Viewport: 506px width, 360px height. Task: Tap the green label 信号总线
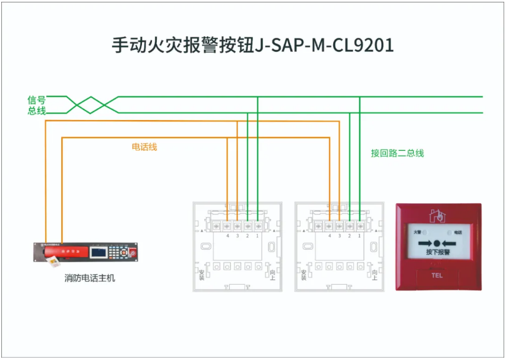pos(36,105)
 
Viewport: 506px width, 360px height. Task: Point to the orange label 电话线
pos(144,146)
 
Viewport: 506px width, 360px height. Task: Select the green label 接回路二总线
pos(397,153)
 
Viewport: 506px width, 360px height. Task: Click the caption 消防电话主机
pos(90,277)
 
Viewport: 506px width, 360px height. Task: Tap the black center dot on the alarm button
pos(437,243)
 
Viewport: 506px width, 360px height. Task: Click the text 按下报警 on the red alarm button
pos(437,253)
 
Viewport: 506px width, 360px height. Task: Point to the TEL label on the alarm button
pos(437,276)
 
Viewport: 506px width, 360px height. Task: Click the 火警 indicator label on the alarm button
pos(418,232)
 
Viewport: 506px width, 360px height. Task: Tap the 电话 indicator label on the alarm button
pos(457,232)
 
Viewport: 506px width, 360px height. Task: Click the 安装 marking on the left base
pos(201,273)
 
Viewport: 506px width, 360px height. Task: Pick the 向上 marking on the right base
pos(375,273)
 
